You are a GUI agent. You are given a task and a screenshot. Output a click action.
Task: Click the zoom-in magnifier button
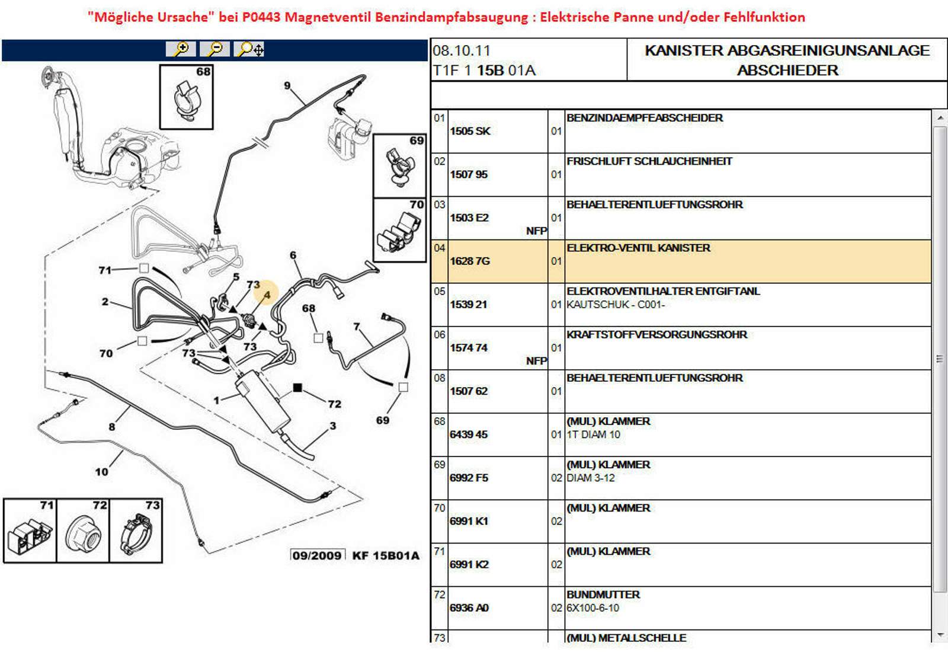[x=181, y=49]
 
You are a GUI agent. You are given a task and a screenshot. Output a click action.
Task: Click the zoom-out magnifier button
[x=215, y=49]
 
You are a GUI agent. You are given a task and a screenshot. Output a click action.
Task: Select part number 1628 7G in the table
[x=470, y=261]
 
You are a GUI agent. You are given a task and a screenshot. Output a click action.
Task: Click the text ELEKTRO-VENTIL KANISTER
[x=638, y=248]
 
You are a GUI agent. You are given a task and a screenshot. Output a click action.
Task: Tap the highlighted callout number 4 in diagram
[x=267, y=295]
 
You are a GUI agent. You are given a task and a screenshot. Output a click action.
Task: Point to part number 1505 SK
[x=470, y=131]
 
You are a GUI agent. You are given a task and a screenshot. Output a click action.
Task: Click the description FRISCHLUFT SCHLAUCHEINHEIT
[x=649, y=161]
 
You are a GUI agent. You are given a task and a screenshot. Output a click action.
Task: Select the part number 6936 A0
[x=469, y=608]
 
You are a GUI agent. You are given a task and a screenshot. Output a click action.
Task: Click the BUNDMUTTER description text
[x=603, y=595]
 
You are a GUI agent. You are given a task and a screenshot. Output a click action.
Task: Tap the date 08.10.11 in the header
[x=462, y=51]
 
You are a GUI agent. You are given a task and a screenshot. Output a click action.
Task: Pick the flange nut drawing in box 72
[x=82, y=533]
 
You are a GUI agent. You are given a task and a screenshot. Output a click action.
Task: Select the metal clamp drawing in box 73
[x=135, y=533]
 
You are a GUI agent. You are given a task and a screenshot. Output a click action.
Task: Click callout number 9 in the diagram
[x=287, y=85]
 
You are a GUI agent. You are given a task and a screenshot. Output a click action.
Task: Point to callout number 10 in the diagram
[x=101, y=472]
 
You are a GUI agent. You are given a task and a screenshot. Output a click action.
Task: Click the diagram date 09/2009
[x=317, y=555]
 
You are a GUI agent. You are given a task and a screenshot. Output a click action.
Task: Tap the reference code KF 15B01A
[x=386, y=555]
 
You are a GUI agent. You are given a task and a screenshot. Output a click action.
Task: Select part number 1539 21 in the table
[x=468, y=304]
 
